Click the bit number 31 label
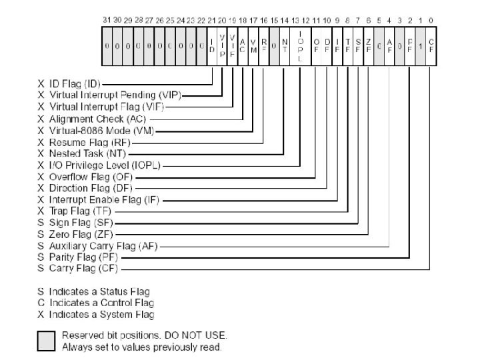(107, 21)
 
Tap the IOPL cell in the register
(300, 46)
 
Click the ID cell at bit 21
(211, 46)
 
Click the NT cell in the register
(284, 46)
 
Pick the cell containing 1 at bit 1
(420, 46)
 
